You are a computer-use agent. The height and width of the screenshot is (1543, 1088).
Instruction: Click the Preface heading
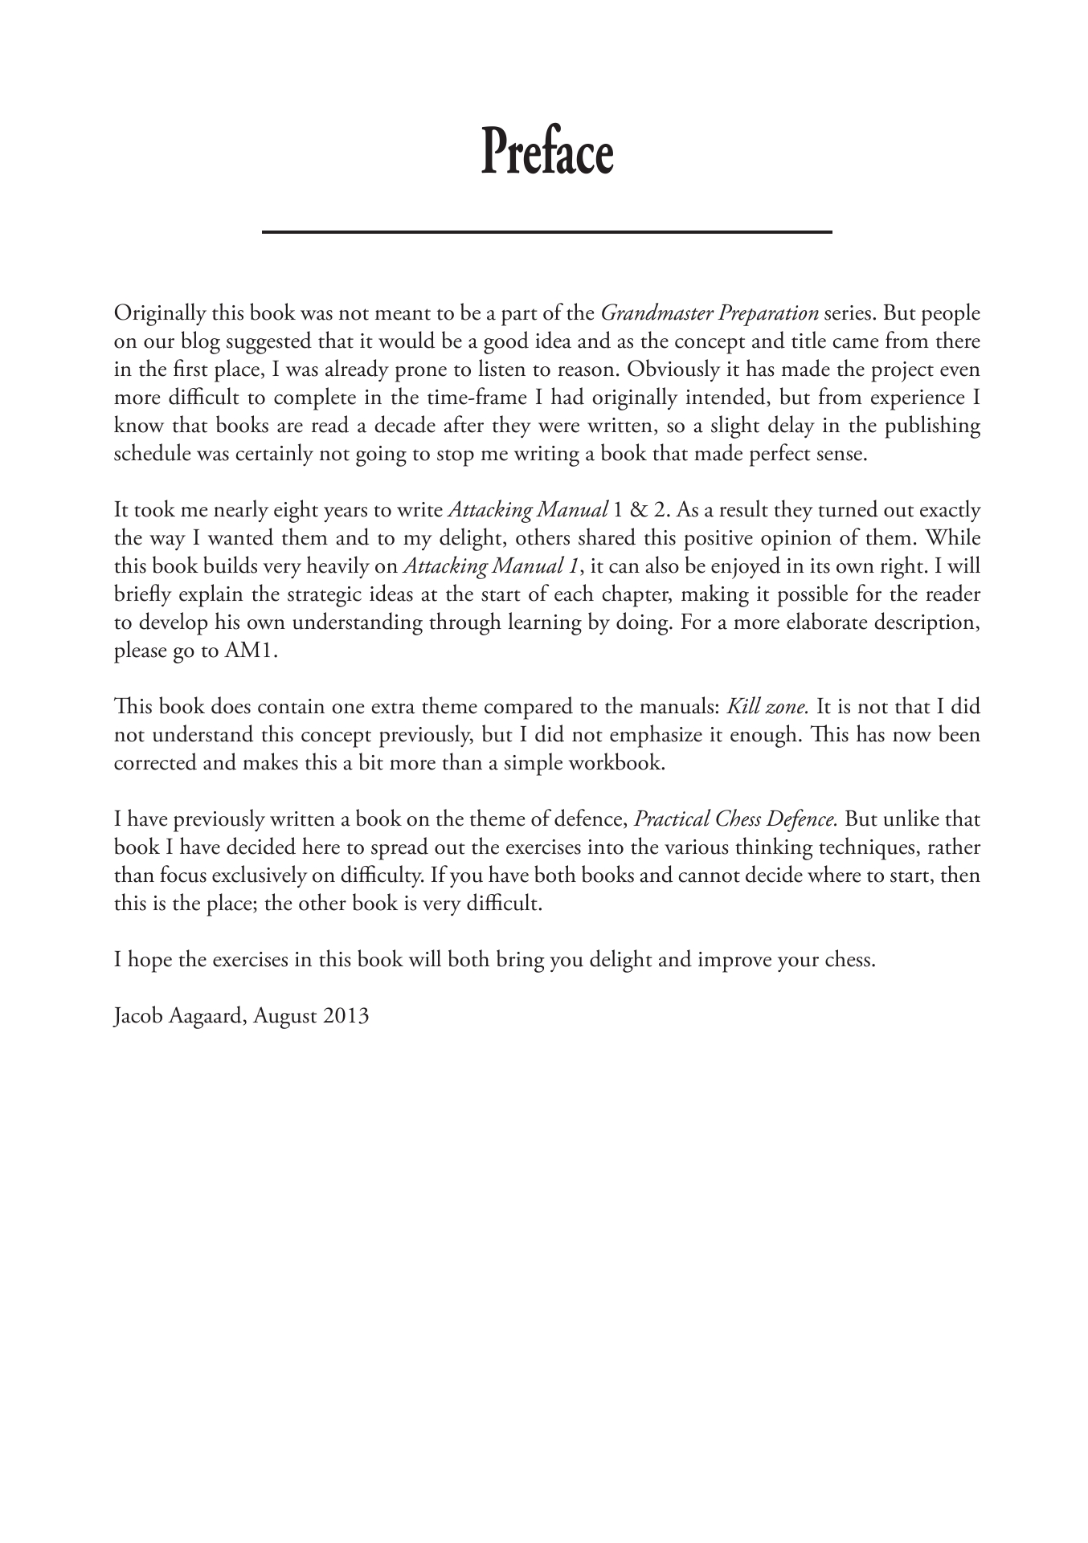pos(546,153)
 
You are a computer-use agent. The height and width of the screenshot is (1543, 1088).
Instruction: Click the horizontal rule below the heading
pos(546,232)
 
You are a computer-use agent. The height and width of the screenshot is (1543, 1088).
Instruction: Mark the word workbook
pos(618,764)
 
